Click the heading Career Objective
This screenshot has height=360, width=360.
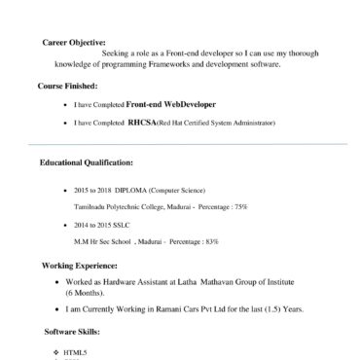76,43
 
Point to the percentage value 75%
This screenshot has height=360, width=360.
240,207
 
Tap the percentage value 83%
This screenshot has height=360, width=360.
211,239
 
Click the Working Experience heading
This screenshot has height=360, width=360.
80,265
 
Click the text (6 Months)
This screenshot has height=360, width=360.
86,292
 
